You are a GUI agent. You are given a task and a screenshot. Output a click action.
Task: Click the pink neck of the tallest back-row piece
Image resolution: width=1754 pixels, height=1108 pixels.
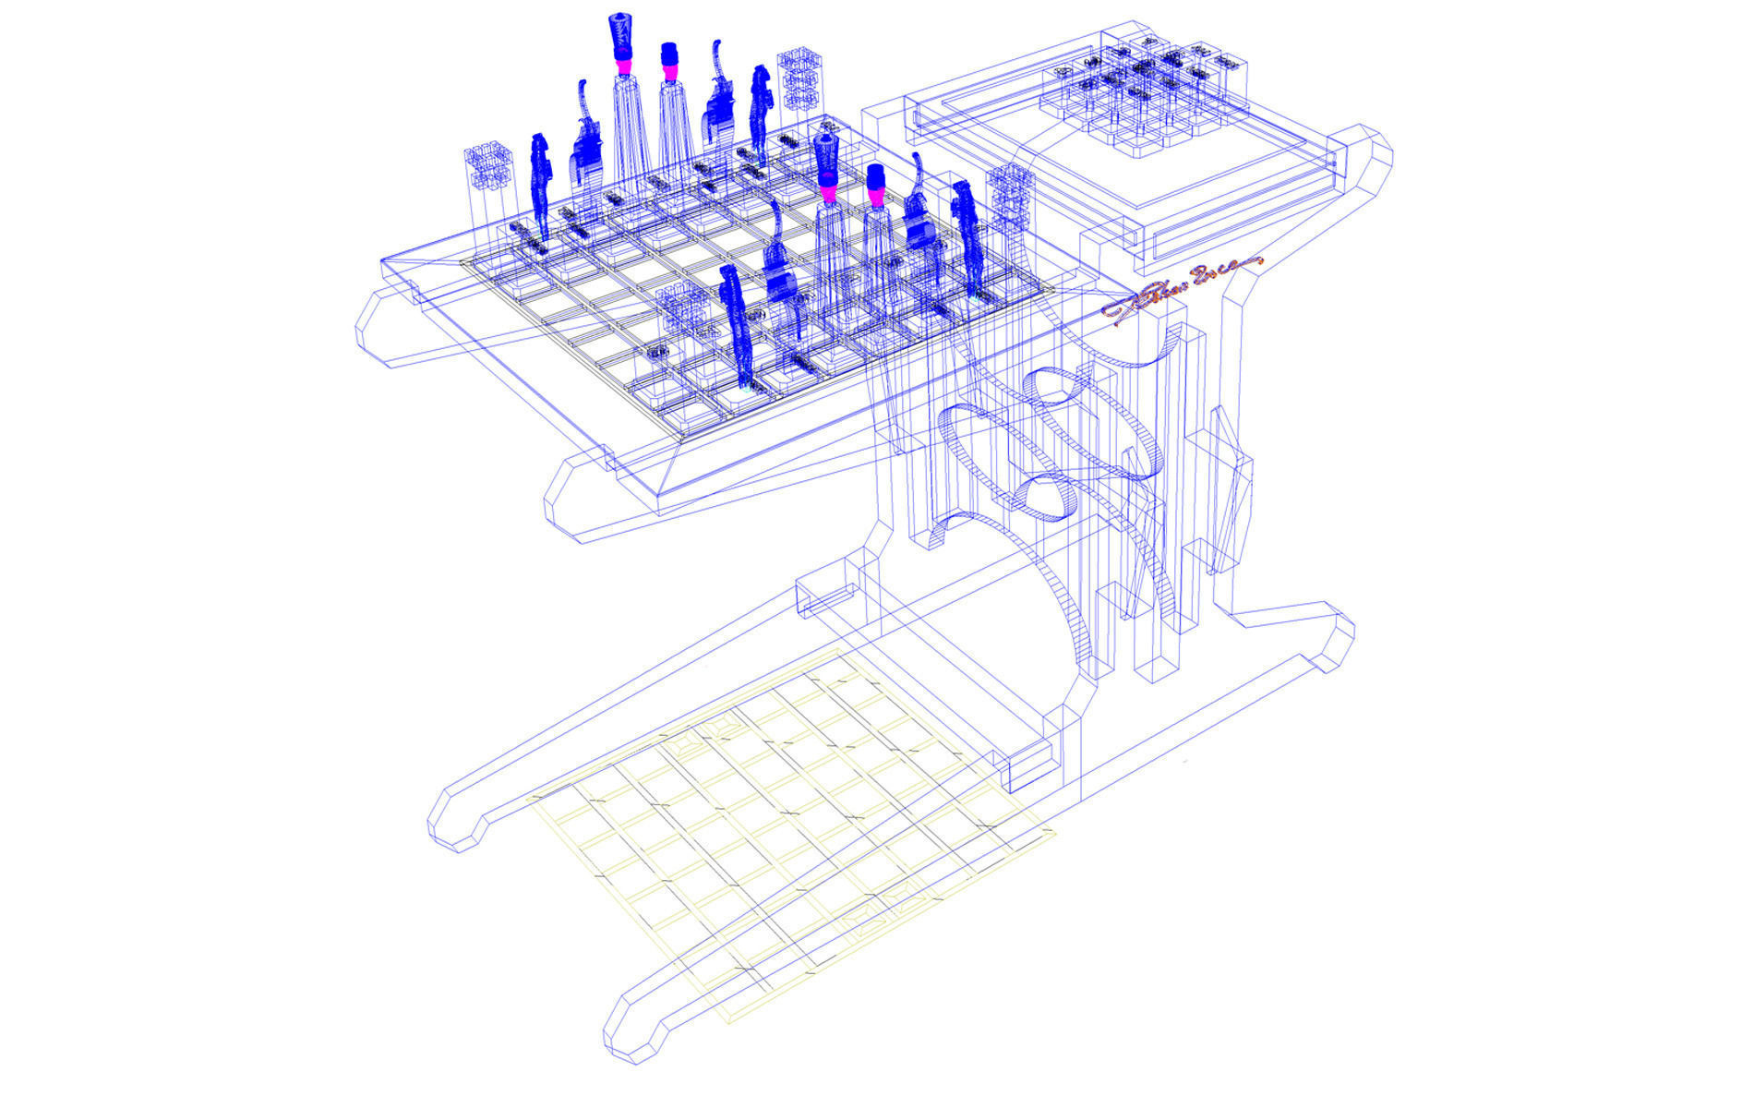click(x=625, y=64)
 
